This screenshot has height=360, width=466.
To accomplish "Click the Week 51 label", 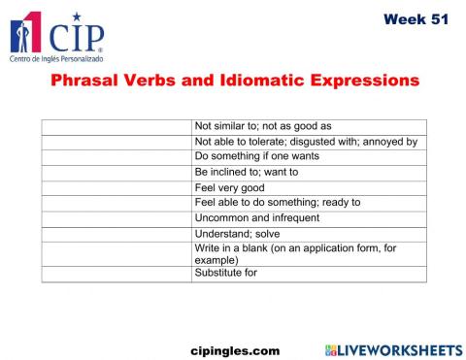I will click(x=416, y=18).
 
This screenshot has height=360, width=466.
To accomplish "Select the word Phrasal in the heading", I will click(x=83, y=81).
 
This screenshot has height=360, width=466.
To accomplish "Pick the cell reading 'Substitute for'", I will click(x=226, y=273).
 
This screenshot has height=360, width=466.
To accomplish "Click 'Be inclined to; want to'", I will click(x=247, y=172).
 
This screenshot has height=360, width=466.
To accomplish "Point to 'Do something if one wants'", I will click(x=257, y=156).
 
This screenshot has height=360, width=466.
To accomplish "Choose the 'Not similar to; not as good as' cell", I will click(x=263, y=126).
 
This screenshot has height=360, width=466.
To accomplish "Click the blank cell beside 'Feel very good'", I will click(x=116, y=187).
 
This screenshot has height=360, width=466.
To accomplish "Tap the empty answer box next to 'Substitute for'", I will click(x=116, y=274).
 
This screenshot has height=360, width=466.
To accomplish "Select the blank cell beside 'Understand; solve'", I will click(x=116, y=234).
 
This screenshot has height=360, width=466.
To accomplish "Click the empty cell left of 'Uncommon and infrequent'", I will click(x=116, y=218).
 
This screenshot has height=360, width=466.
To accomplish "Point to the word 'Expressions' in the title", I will click(x=361, y=81).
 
